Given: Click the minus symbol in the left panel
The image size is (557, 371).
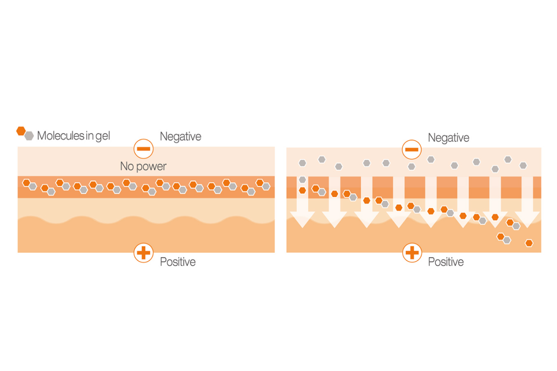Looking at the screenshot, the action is (x=143, y=149).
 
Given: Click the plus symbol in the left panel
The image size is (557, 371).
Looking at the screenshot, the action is (x=143, y=253).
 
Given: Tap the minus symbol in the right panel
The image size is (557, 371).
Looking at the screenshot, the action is (x=412, y=150).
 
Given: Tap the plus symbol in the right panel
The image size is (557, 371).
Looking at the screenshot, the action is (x=412, y=253).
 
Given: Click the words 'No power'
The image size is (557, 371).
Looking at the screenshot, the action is (x=143, y=166).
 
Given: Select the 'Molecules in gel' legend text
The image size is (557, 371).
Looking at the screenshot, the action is (x=73, y=136).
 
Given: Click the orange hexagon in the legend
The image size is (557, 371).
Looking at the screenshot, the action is (x=21, y=131).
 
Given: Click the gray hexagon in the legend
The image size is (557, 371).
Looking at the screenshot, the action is (x=29, y=136).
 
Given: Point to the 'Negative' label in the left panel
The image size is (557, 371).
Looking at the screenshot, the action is (x=181, y=136).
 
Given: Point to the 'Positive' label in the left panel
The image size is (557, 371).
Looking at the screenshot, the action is (x=177, y=262).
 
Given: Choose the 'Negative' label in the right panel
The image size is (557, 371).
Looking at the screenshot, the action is (x=448, y=137).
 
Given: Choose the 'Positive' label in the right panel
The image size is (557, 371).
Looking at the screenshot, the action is (x=446, y=262).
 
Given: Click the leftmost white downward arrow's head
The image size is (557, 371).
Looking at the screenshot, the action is (x=302, y=219).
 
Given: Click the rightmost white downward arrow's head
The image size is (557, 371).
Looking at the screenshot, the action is (x=527, y=219).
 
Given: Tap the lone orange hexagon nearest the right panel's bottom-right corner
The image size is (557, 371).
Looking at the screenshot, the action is (x=529, y=243).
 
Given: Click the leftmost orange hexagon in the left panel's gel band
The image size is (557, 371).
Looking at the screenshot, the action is (x=26, y=183).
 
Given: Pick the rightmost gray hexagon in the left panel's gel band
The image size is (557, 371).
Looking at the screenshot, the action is (x=266, y=186).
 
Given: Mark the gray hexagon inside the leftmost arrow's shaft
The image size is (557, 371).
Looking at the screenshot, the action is (x=302, y=179).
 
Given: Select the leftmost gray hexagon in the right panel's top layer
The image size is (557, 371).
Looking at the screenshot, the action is (x=302, y=163).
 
